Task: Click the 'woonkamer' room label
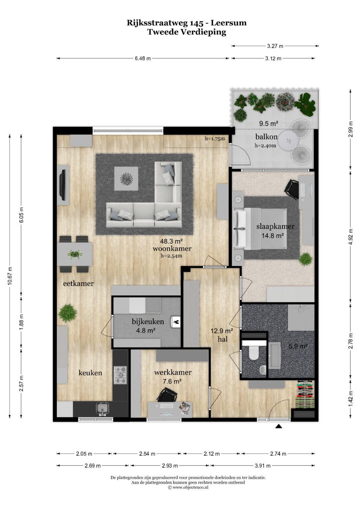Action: pyautogui.click(x=172, y=249)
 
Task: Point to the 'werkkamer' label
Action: pyautogui.click(x=173, y=372)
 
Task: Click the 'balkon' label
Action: pyautogui.click(x=266, y=137)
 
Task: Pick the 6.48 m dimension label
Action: pyautogui.click(x=143, y=58)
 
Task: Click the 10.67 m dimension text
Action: pyautogui.click(x=10, y=276)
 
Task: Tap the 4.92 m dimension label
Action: pyautogui.click(x=351, y=237)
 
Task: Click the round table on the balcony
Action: pyautogui.click(x=288, y=141)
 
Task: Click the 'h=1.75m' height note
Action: pyautogui.click(x=215, y=139)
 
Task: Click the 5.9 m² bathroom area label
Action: pyautogui.click(x=298, y=347)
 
